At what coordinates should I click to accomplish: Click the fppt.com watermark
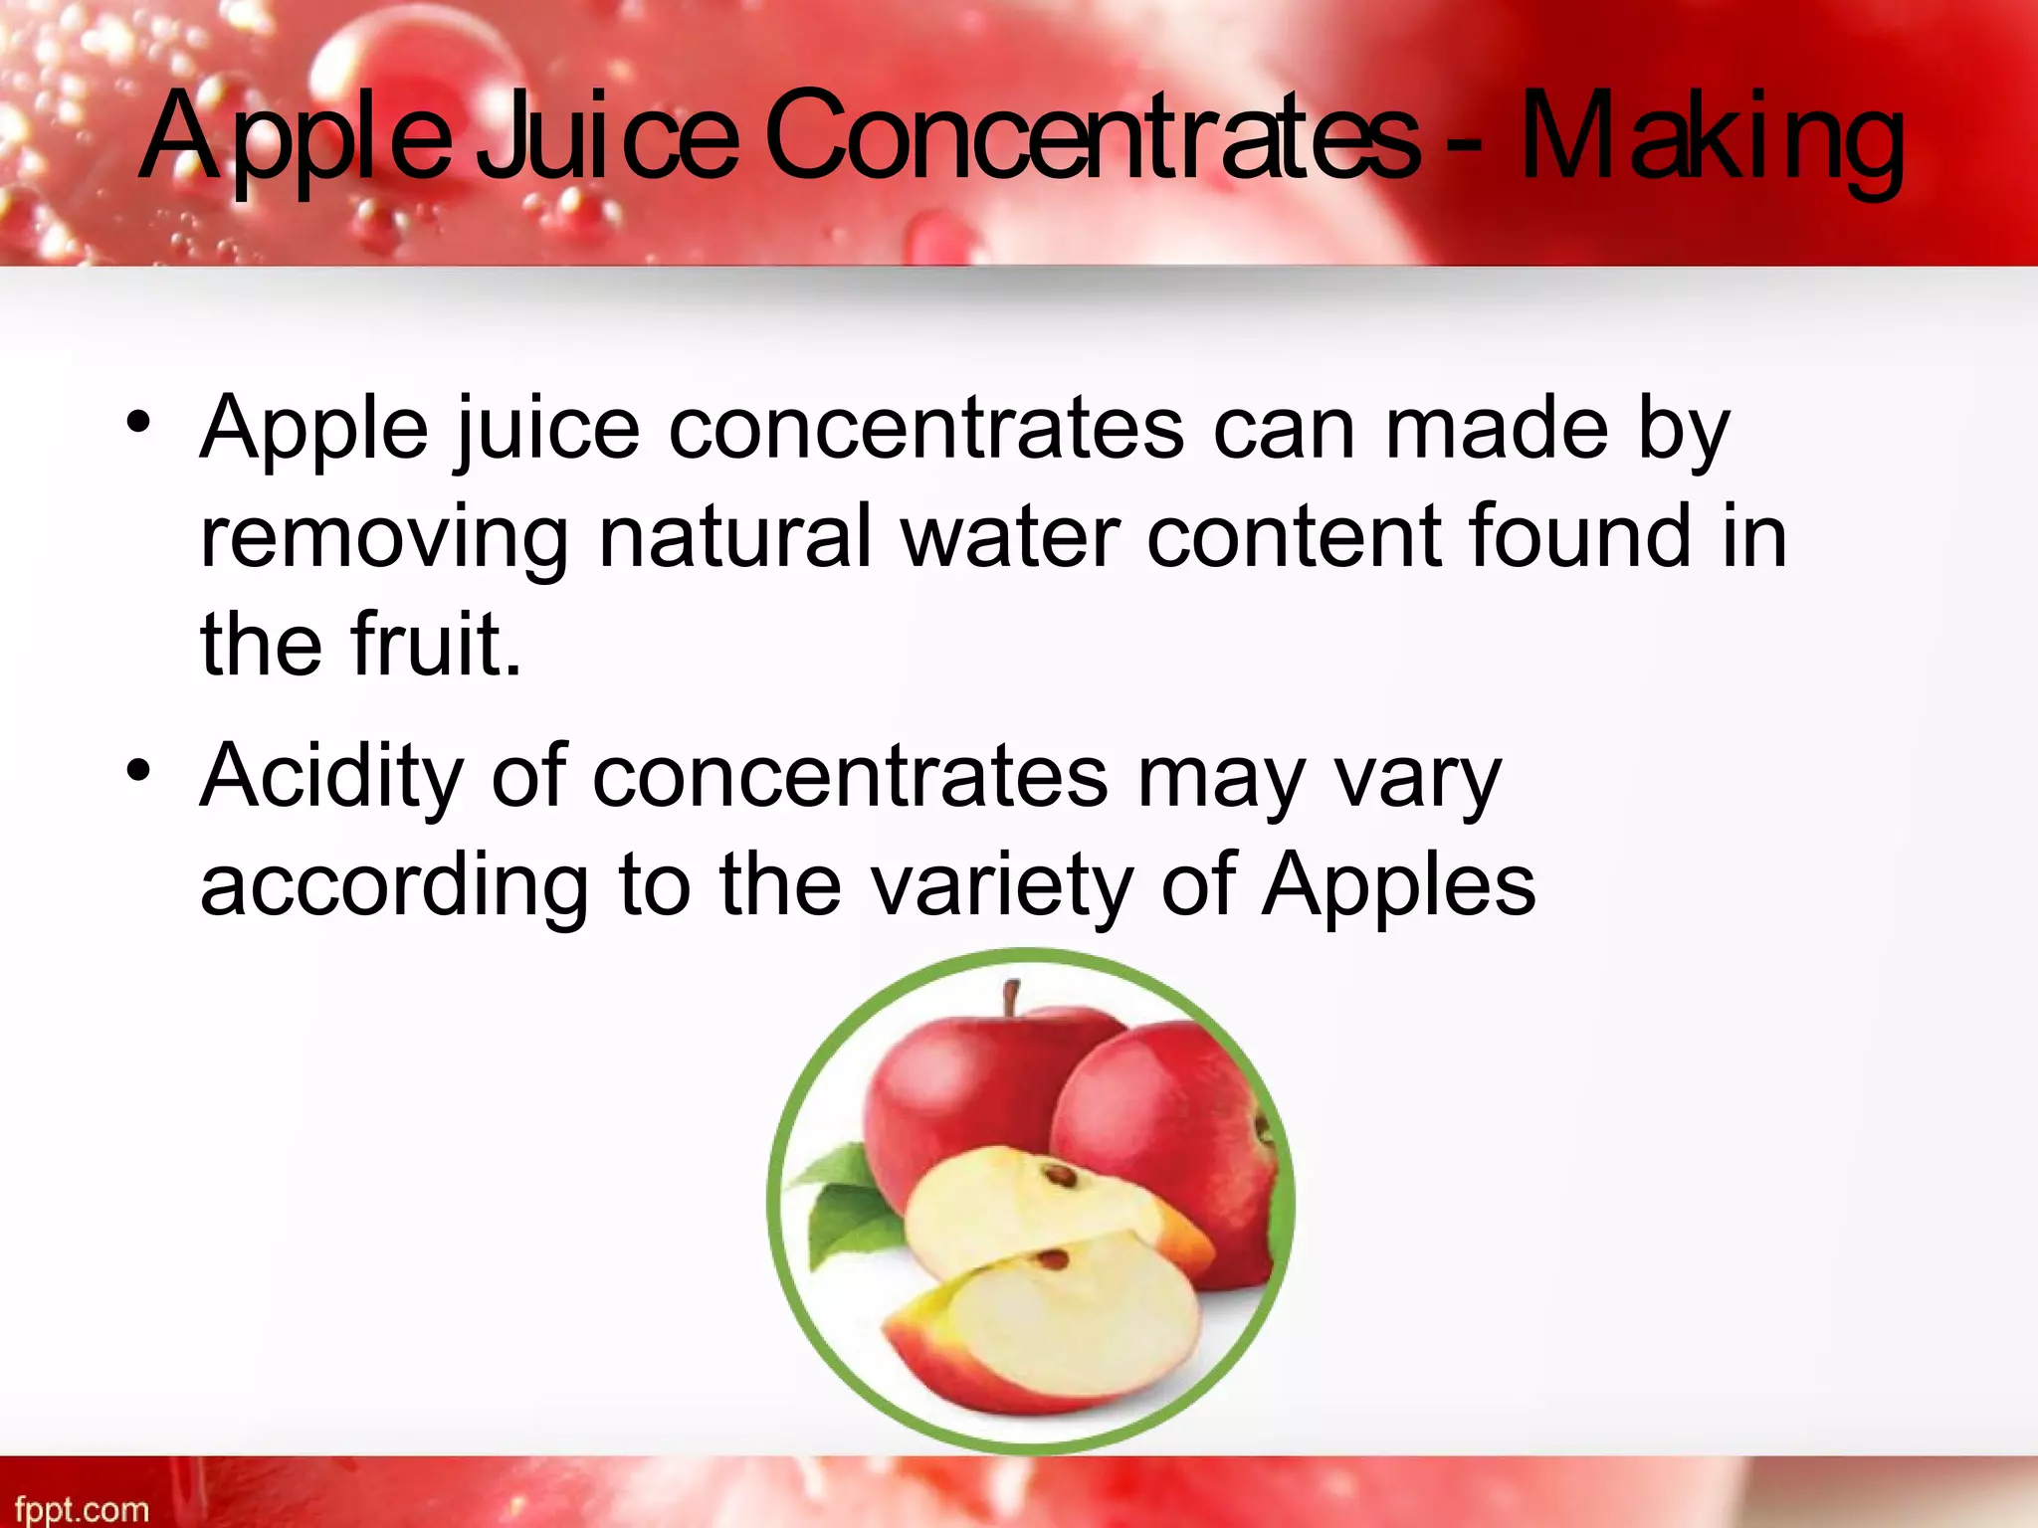[82, 1509]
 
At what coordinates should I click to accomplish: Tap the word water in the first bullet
[1011, 537]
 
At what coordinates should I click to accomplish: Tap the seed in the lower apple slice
[1052, 1261]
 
